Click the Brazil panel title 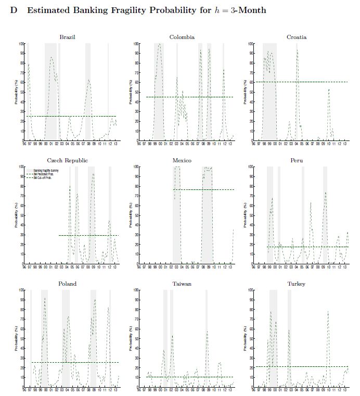[x=68, y=37]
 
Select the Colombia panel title [x=182, y=37]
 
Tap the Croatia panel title [x=297, y=37]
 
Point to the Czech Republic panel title [x=68, y=160]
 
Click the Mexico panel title [x=182, y=160]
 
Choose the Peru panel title [x=297, y=160]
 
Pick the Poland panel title [x=68, y=284]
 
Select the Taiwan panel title [x=182, y=284]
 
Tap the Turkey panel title [x=297, y=284]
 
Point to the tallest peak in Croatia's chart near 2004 [x=297, y=49]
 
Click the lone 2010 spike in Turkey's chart [x=328, y=312]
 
